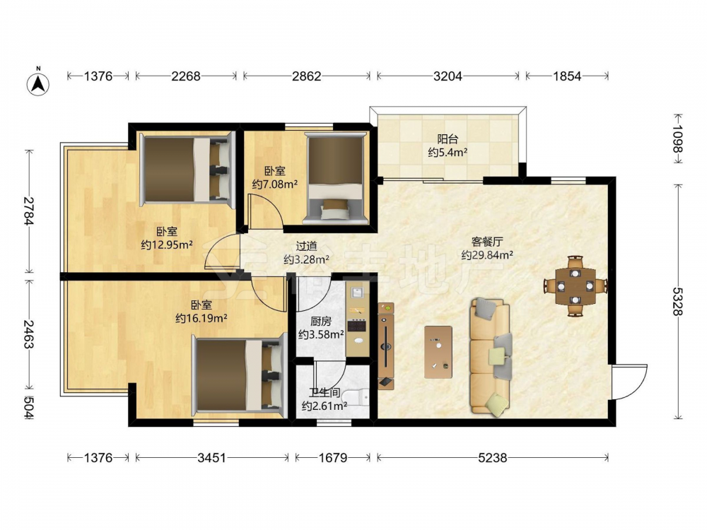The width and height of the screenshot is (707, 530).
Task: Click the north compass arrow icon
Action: coord(38,83)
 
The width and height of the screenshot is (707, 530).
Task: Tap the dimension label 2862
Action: coord(307,76)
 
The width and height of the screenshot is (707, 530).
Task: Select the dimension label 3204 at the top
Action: coord(448,76)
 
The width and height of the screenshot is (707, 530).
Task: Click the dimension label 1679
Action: coord(333,458)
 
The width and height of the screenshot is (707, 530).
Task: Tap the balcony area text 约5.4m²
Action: coord(448,153)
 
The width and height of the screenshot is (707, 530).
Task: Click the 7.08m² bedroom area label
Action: coord(274,184)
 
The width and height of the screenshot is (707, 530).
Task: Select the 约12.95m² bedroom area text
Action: coord(167,245)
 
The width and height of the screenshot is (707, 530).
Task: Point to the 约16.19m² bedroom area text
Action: coord(201,318)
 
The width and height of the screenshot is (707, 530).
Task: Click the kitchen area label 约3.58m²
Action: coord(321,334)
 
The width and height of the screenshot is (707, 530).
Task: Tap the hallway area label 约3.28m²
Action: coord(306,259)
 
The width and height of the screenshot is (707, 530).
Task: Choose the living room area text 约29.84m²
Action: coord(487,255)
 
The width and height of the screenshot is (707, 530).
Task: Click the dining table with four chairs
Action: coord(575,285)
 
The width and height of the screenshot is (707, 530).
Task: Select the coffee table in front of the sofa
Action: coord(438,352)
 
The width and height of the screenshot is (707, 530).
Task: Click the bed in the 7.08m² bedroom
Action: coord(335,178)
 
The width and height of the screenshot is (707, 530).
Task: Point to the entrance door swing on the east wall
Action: coord(629,382)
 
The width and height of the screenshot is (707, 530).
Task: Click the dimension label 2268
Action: coord(186,76)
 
